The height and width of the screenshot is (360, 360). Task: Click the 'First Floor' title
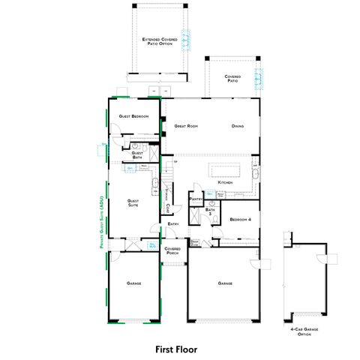point(179,349)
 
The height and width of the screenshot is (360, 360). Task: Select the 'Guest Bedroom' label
point(133,116)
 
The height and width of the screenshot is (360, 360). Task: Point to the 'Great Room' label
point(186,126)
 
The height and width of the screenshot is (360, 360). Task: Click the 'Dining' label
point(238,126)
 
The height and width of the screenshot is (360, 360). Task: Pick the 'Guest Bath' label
point(137,154)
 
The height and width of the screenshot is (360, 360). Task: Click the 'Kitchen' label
point(225,183)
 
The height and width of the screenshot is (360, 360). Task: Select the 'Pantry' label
point(196,199)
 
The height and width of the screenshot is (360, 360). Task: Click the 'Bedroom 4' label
point(241,219)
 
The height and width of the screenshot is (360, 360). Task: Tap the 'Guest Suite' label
point(133,202)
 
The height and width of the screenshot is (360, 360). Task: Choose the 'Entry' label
point(172,223)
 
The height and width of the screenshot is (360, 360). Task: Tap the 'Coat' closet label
point(167,206)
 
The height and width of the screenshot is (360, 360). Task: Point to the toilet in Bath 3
point(213,203)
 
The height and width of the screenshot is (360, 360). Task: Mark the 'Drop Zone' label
point(195,241)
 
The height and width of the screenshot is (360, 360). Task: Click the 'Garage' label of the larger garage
point(224,283)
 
